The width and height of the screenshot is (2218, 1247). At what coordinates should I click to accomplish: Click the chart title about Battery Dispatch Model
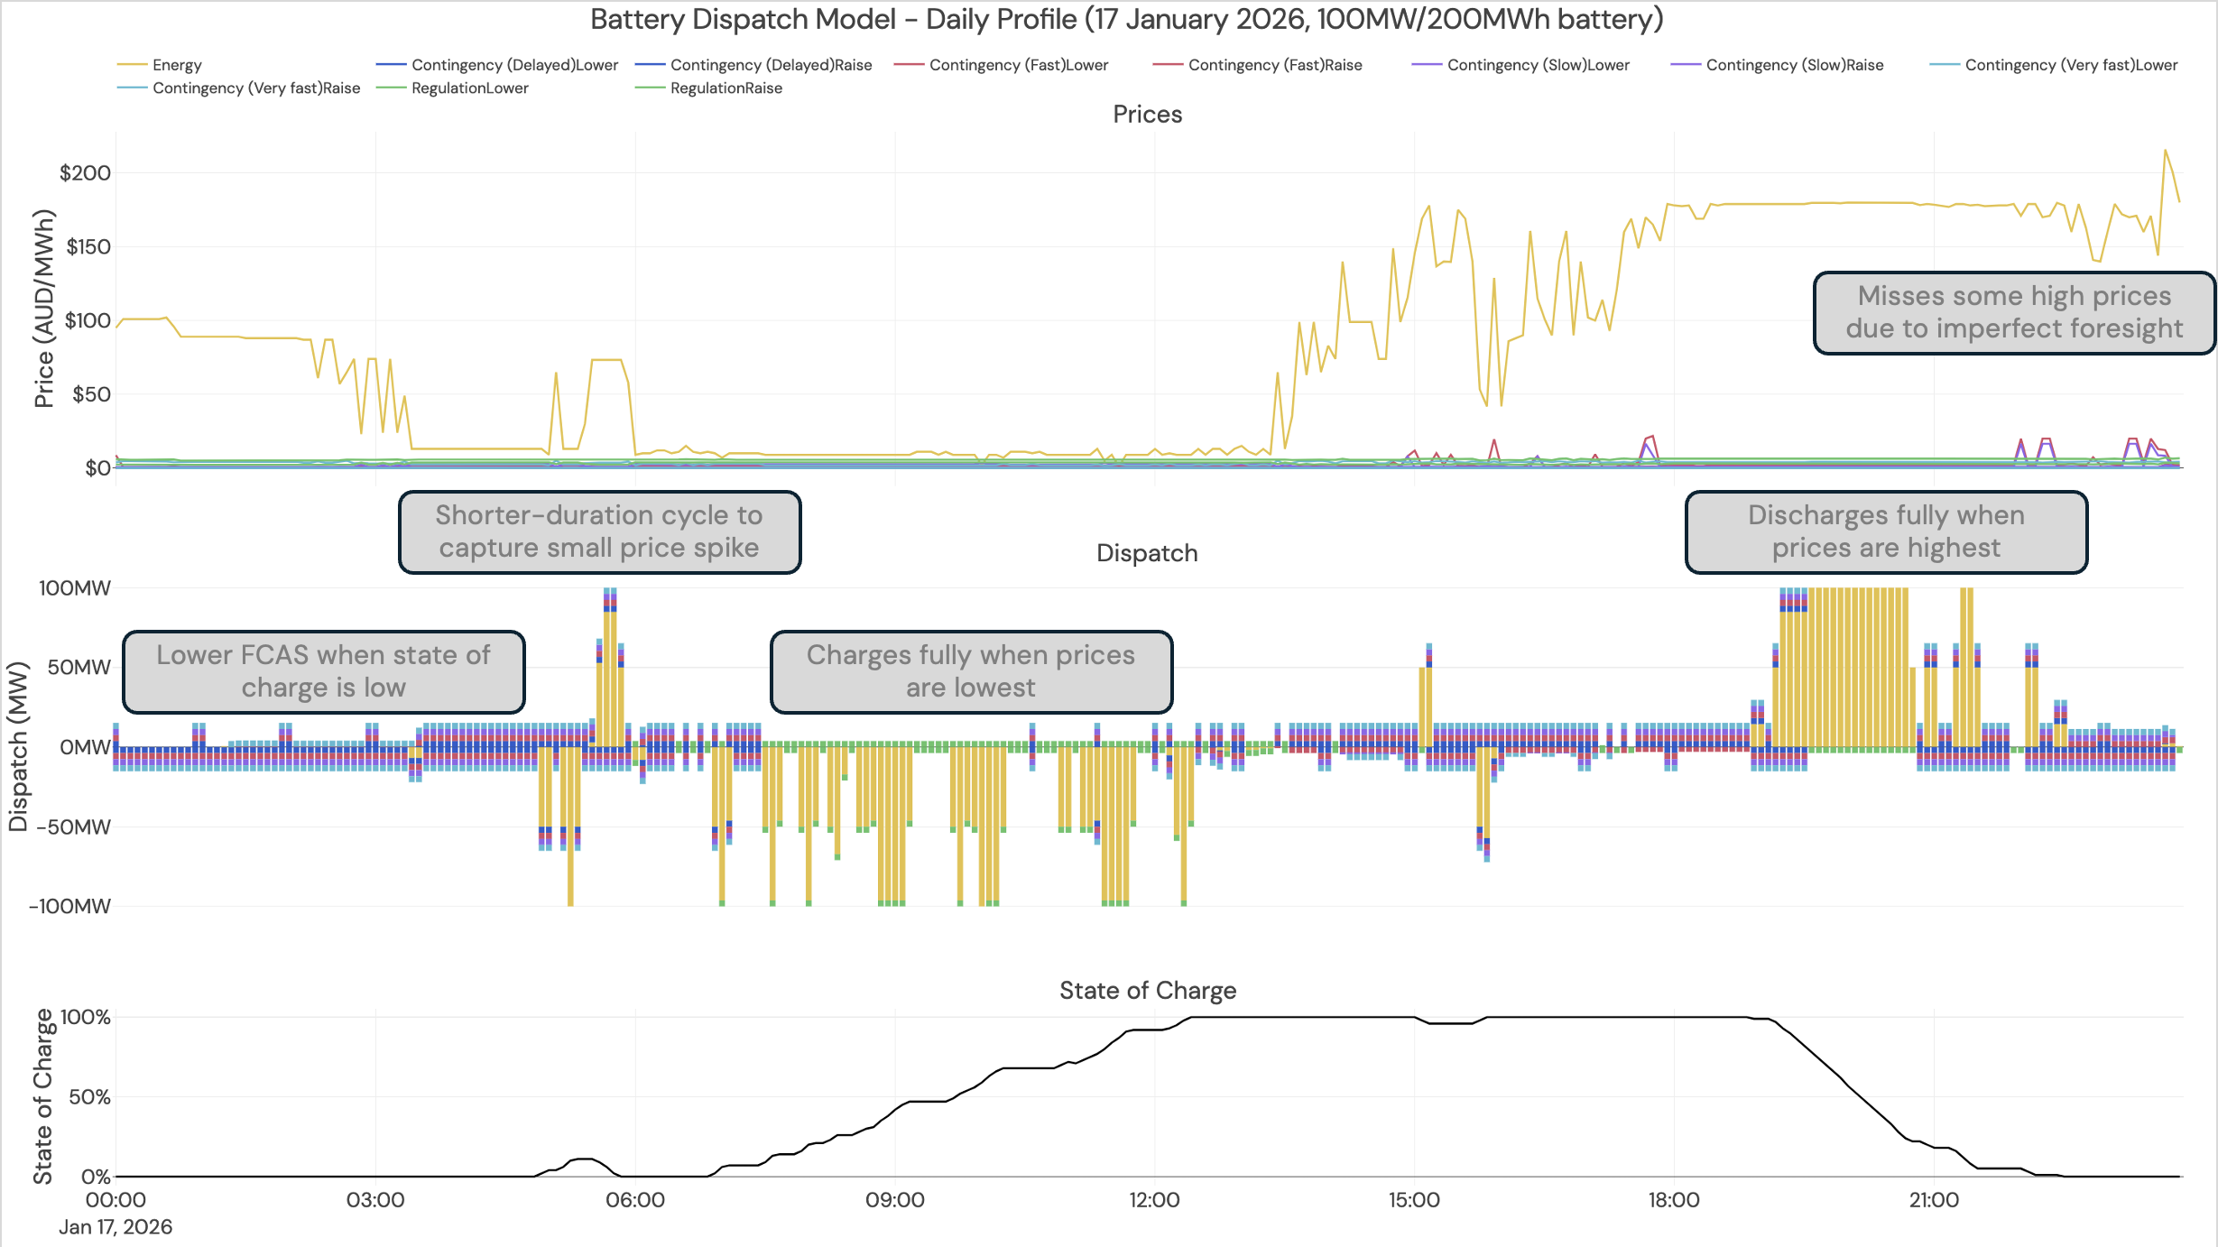pyautogui.click(x=1126, y=19)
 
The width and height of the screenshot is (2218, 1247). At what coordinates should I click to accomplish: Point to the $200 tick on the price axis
pyautogui.click(x=85, y=173)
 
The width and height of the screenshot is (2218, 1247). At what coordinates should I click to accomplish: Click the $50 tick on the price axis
pyautogui.click(x=91, y=394)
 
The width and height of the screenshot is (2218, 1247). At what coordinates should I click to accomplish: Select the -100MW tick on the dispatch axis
pyautogui.click(x=70, y=906)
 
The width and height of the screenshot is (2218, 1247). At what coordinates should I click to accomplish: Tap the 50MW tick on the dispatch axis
pyautogui.click(x=79, y=668)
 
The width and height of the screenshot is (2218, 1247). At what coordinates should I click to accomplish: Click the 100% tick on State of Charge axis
pyautogui.click(x=85, y=1018)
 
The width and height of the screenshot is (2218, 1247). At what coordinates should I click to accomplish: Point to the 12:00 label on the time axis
pyautogui.click(x=1154, y=1200)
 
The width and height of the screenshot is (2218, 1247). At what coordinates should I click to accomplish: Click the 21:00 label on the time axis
pyautogui.click(x=1934, y=1200)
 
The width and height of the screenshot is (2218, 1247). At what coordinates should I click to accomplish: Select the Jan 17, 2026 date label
pyautogui.click(x=116, y=1227)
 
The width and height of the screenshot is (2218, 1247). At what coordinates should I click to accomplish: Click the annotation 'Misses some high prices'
pyautogui.click(x=2014, y=312)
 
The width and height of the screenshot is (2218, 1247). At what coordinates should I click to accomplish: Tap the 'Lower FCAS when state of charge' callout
pyautogui.click(x=323, y=671)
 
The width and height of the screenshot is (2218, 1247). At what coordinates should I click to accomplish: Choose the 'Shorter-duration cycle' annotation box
pyautogui.click(x=599, y=531)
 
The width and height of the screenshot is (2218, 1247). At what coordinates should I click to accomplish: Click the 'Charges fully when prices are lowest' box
pyautogui.click(x=971, y=671)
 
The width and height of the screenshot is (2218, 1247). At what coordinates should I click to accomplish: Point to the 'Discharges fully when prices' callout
pyautogui.click(x=1886, y=531)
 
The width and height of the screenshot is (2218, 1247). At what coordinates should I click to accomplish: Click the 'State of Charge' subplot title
pyautogui.click(x=1147, y=991)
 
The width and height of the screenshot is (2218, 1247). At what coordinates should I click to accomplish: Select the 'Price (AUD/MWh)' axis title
pyautogui.click(x=43, y=309)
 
